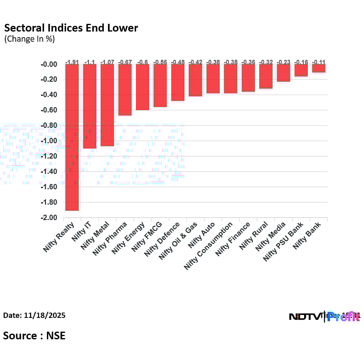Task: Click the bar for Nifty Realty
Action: (x=72, y=137)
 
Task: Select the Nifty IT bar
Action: (x=90, y=106)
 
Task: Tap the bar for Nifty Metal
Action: (x=107, y=105)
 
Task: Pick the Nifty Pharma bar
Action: (x=125, y=90)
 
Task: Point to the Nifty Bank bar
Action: (x=319, y=68)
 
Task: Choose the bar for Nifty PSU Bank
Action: (x=301, y=70)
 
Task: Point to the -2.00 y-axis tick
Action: (x=49, y=218)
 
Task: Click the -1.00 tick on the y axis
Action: (x=49, y=141)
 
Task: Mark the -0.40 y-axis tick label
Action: (x=49, y=95)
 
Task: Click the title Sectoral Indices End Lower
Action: (x=71, y=28)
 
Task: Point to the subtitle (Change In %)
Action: (x=29, y=39)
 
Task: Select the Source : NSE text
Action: (x=34, y=335)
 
